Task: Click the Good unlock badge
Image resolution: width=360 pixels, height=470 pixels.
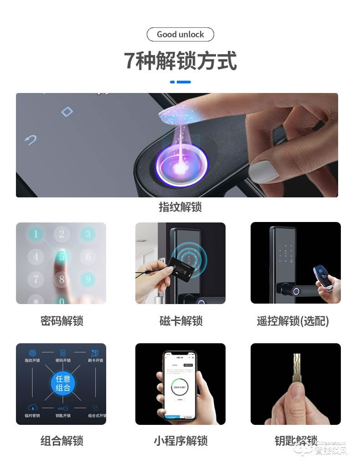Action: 180,35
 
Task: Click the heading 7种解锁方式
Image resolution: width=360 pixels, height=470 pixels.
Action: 180,61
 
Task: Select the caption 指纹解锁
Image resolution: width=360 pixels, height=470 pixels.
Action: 180,207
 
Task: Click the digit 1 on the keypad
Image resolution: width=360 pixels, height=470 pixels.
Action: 36,235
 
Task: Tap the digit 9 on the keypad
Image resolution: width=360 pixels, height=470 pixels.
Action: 88,278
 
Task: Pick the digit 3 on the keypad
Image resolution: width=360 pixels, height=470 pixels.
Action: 88,235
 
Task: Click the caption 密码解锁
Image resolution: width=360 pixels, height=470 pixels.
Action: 62,321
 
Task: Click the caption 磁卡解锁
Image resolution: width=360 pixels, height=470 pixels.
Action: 181,321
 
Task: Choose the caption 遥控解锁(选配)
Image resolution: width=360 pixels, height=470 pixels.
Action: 293,321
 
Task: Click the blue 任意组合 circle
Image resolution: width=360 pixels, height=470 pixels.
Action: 63,383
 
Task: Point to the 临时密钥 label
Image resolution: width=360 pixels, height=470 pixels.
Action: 32,415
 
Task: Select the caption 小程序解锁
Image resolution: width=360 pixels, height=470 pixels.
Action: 180,441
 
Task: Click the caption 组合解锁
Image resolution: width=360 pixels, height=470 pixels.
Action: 62,441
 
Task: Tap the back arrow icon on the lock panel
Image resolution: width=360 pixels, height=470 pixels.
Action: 31,140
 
